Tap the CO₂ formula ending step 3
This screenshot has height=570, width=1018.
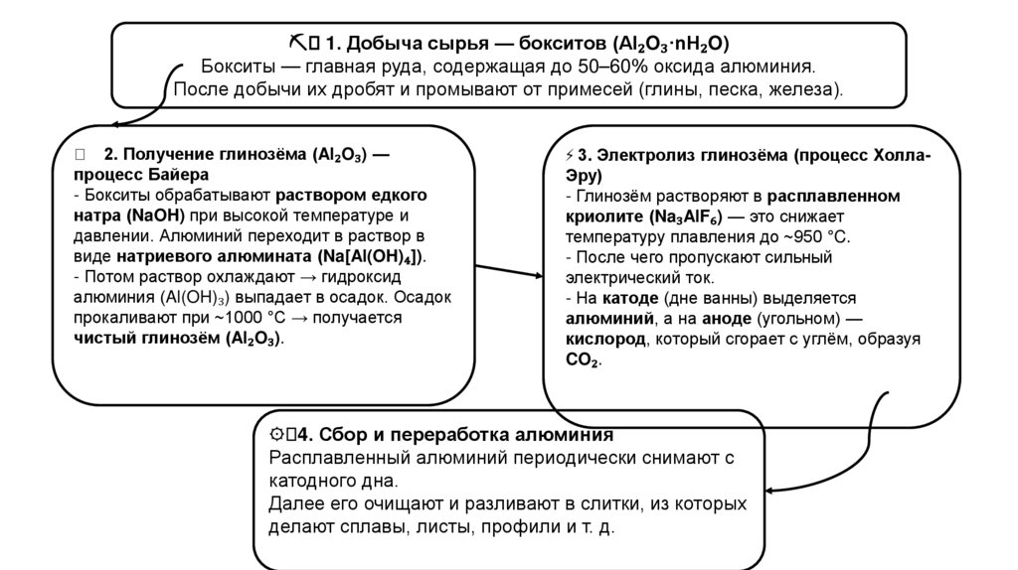582,360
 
